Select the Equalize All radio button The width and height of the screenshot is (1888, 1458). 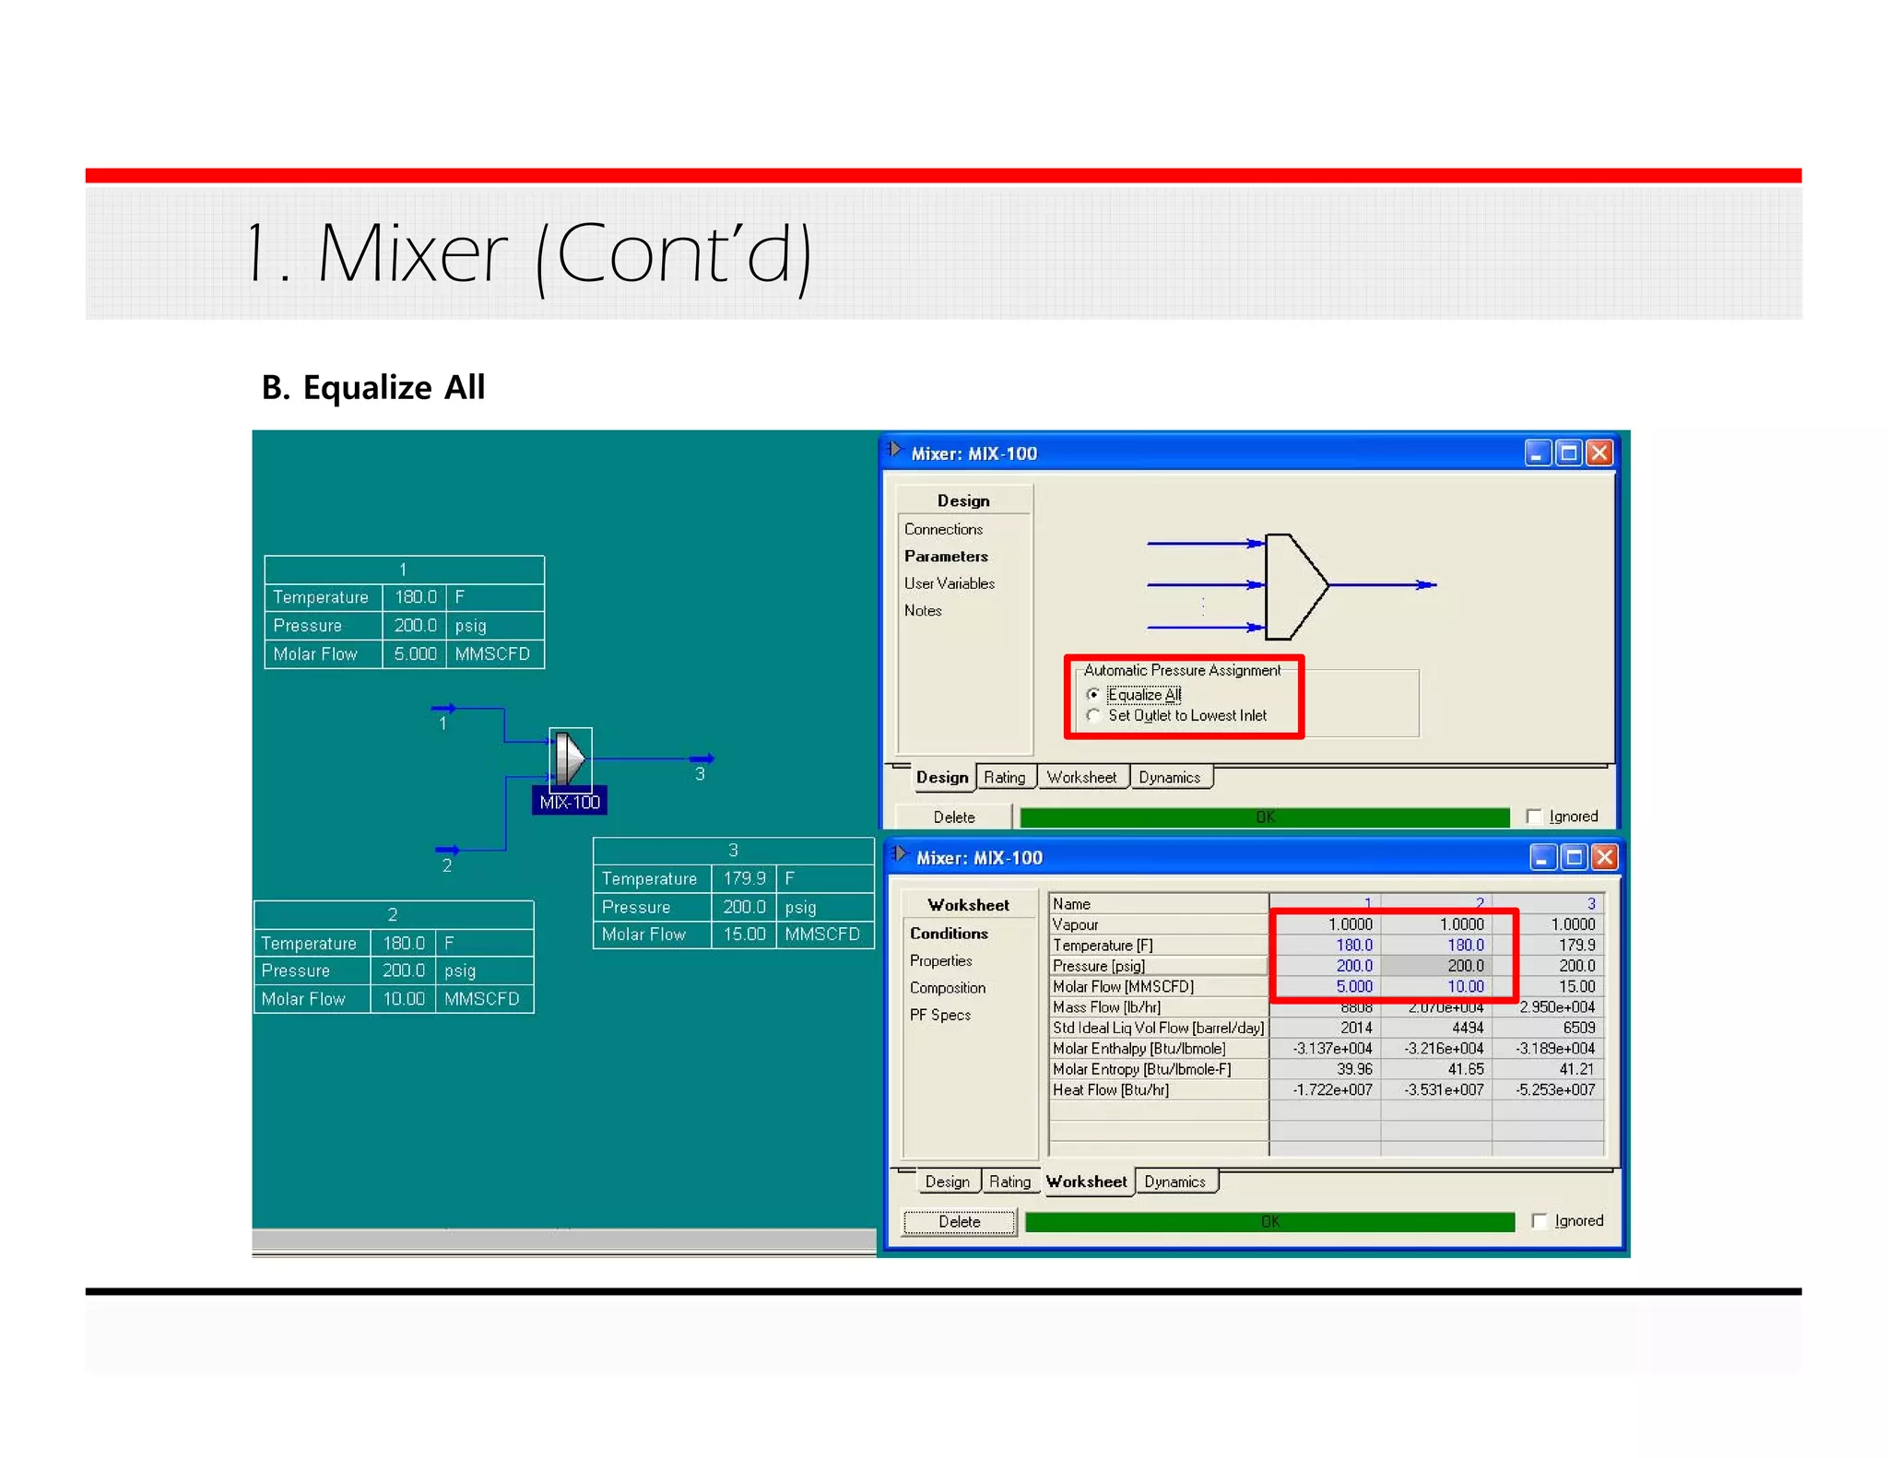coord(1093,694)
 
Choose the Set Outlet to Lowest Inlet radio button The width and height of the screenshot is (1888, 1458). coord(1093,715)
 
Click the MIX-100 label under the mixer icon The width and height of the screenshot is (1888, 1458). coord(570,802)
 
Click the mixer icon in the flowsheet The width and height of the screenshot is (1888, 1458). coord(570,758)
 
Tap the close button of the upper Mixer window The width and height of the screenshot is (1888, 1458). coord(1599,453)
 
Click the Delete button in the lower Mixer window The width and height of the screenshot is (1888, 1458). coord(959,1221)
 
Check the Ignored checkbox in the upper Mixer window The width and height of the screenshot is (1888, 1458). coord(1534,817)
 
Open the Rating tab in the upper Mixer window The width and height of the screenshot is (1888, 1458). coord(1004,777)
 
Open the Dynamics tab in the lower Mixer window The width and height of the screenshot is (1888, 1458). coord(1174,1182)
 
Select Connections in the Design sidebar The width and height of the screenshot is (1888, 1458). coord(943,529)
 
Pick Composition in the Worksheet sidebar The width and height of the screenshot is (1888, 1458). coord(947,987)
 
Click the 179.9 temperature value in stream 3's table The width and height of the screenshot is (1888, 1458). coord(744,878)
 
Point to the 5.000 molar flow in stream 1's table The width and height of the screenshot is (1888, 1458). coord(415,653)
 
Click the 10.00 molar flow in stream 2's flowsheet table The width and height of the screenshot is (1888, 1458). coord(404,998)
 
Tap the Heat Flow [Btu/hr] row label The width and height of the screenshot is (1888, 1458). coord(1111,1089)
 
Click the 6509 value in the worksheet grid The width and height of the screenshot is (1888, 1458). coord(1578,1028)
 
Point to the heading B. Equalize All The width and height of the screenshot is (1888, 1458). coord(373,387)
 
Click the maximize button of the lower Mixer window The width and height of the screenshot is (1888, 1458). coord(1574,857)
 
